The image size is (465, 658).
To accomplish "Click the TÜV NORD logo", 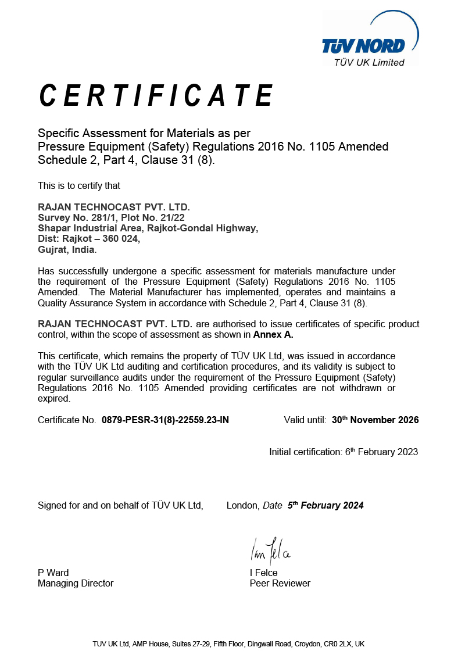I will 364,45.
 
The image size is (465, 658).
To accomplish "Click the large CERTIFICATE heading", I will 156,96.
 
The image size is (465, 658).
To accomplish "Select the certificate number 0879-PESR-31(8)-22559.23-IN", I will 165,420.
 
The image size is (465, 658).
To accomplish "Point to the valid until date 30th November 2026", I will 375,420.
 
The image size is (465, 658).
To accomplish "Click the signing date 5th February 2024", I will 325,505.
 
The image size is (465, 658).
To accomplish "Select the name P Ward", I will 53,573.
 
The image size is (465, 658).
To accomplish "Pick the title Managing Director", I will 76,583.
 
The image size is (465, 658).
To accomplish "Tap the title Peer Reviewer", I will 280,583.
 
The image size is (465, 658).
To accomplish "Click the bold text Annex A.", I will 273,335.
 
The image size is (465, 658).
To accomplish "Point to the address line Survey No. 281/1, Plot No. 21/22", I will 111,217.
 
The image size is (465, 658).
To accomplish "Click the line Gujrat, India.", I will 67,249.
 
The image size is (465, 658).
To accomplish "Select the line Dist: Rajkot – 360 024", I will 89,239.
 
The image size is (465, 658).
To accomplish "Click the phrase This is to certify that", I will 79,186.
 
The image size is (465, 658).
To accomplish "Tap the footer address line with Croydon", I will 228,644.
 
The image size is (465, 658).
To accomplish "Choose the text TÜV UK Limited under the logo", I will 369,63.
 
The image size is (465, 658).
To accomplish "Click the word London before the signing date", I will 242,506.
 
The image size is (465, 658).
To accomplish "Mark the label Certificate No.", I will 67,420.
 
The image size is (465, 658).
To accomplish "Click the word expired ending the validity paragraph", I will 53,399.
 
